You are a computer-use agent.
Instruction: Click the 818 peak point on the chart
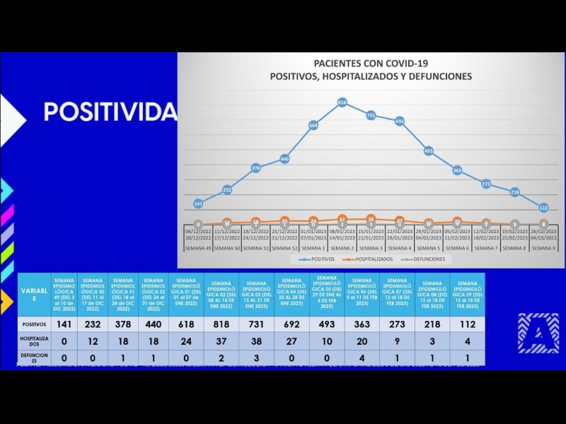[x=342, y=102]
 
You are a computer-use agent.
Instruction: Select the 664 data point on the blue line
[x=313, y=125]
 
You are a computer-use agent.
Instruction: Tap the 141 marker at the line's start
[x=198, y=204]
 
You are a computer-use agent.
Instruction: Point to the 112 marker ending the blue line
[x=543, y=208]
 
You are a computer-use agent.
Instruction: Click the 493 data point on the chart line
[x=429, y=151]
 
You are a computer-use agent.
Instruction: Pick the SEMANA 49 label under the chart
[x=198, y=248]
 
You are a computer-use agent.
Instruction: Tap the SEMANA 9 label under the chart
[x=543, y=248]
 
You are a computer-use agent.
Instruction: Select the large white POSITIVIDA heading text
[x=110, y=112]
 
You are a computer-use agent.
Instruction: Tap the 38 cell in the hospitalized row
[x=257, y=340]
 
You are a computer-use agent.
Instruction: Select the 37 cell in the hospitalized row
[x=221, y=340]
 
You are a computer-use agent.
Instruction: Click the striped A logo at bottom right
[x=538, y=332]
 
